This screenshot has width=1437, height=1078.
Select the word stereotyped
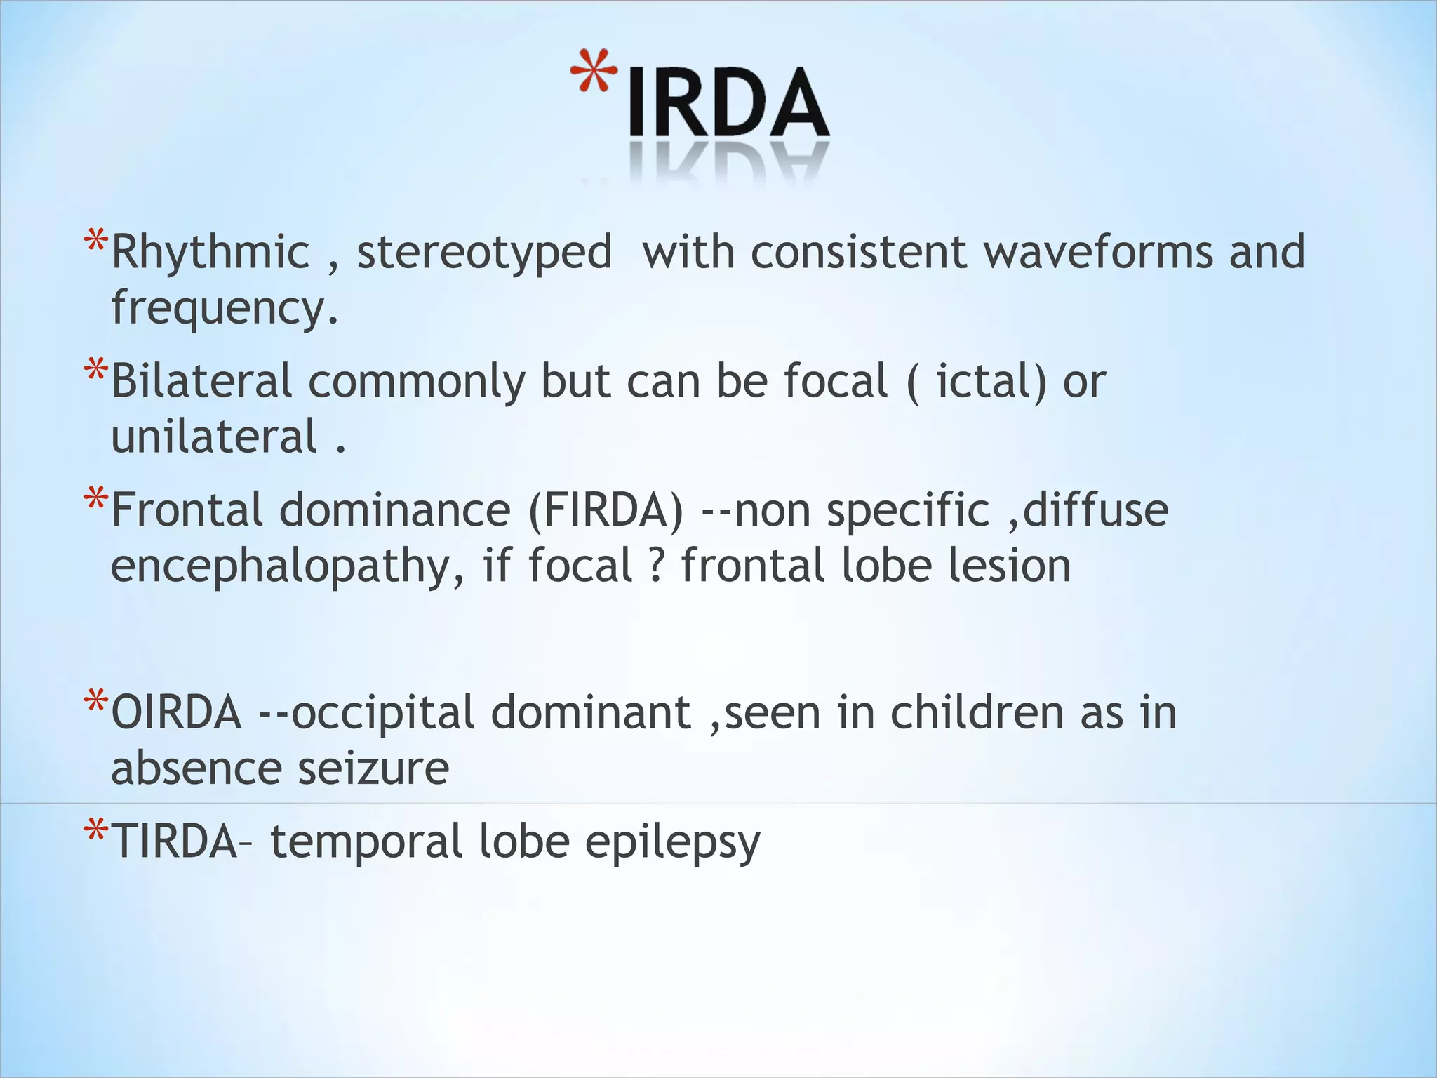(x=484, y=253)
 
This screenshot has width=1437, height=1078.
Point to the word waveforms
(x=1098, y=252)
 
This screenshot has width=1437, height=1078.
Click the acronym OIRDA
(x=176, y=713)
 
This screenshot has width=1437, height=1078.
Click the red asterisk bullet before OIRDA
(x=95, y=702)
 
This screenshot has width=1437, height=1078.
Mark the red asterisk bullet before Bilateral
(x=95, y=371)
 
